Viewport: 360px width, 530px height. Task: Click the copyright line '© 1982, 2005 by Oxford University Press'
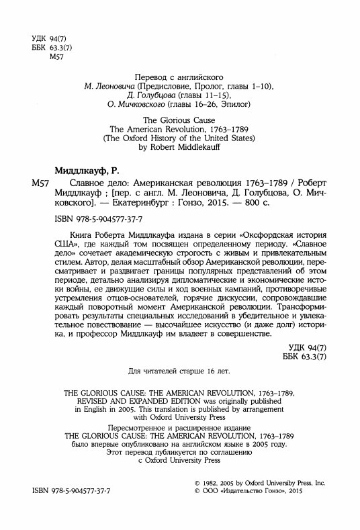[x=258, y=482]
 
